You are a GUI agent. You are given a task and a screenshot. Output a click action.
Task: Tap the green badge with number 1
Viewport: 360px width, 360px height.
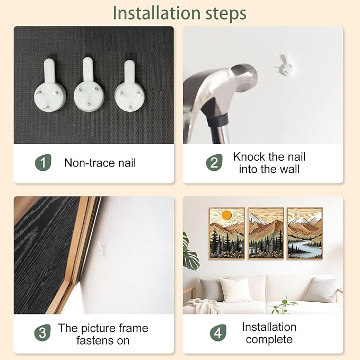[43, 163]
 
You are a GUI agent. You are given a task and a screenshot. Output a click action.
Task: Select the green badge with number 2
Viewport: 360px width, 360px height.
[214, 163]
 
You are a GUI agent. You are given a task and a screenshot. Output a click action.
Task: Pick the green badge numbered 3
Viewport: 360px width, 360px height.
[42, 332]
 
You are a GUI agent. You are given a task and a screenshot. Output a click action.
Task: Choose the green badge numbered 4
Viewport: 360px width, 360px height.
[218, 332]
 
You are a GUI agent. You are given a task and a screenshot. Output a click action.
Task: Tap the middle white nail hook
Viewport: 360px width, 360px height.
[89, 85]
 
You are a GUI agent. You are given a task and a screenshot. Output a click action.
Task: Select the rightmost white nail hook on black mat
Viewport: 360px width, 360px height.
[130, 86]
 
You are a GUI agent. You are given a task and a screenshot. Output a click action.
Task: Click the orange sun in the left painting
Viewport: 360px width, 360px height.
[226, 215]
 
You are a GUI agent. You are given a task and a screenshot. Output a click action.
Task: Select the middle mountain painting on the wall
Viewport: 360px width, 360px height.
[266, 233]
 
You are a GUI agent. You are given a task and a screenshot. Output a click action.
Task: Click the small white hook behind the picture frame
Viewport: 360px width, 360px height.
[101, 248]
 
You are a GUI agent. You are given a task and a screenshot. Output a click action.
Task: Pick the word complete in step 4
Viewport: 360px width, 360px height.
[269, 340]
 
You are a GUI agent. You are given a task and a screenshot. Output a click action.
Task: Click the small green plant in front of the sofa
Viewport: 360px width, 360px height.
[284, 306]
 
